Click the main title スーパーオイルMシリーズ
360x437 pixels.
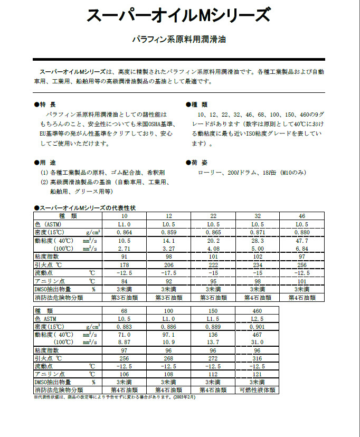(x=178, y=16)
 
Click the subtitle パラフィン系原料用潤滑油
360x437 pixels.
(x=178, y=40)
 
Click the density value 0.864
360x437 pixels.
(x=124, y=232)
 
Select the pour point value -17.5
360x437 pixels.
(x=168, y=273)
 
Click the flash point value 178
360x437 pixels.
(x=124, y=265)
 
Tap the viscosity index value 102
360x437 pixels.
(x=258, y=256)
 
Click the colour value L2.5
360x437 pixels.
(x=258, y=319)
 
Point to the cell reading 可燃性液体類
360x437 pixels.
(x=258, y=390)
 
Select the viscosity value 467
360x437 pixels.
(x=258, y=335)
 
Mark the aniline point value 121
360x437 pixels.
(x=258, y=374)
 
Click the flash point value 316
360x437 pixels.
(x=258, y=358)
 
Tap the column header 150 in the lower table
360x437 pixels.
(x=213, y=311)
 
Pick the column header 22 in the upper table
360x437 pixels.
(x=213, y=216)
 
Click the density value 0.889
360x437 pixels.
(x=213, y=327)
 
